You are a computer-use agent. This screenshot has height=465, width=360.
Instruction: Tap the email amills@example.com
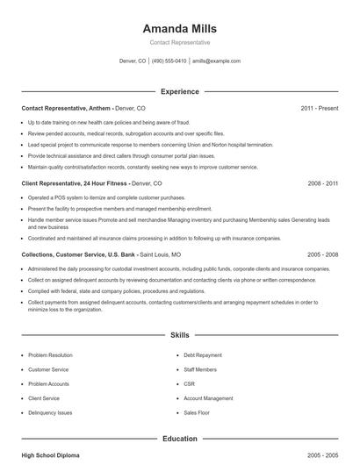pos(216,61)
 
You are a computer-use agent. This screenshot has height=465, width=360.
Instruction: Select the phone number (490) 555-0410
pos(169,61)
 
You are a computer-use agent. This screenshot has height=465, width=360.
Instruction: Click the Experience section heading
pos(179,91)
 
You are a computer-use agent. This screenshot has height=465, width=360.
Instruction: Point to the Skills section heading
pos(179,335)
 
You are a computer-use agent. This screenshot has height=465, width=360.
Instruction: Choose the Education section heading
pos(179,438)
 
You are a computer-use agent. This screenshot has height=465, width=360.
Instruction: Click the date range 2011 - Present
pos(319,108)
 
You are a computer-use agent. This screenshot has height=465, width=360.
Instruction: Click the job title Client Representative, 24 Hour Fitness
pos(75,184)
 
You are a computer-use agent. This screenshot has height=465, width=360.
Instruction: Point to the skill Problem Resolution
pos(51,355)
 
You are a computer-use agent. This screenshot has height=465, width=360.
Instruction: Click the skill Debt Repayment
pos(203,355)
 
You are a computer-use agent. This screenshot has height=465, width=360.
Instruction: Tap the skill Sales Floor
pos(197,411)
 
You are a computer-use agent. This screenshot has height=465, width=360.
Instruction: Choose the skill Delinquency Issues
pos(50,411)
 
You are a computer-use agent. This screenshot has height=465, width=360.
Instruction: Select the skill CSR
pos(189,383)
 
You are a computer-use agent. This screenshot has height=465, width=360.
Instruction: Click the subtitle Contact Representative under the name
pos(179,42)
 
